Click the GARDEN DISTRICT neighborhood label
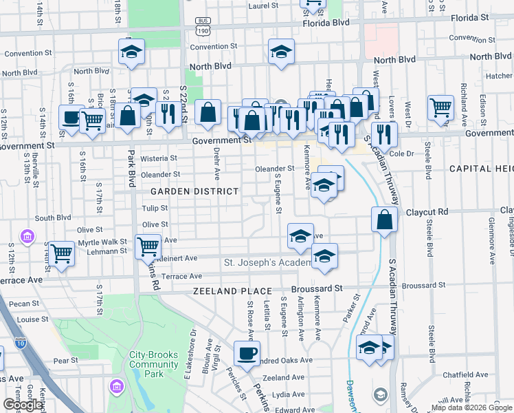tap(194, 191)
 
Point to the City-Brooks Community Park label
tap(155, 364)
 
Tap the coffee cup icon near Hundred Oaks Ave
tap(247, 354)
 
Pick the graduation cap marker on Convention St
tap(281, 52)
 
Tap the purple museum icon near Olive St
tap(27, 237)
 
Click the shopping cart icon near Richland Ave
tap(440, 107)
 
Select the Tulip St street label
tap(155, 208)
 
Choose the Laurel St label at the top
tap(262, 6)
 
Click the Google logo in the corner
tap(22, 405)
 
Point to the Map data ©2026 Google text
tap(471, 407)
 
